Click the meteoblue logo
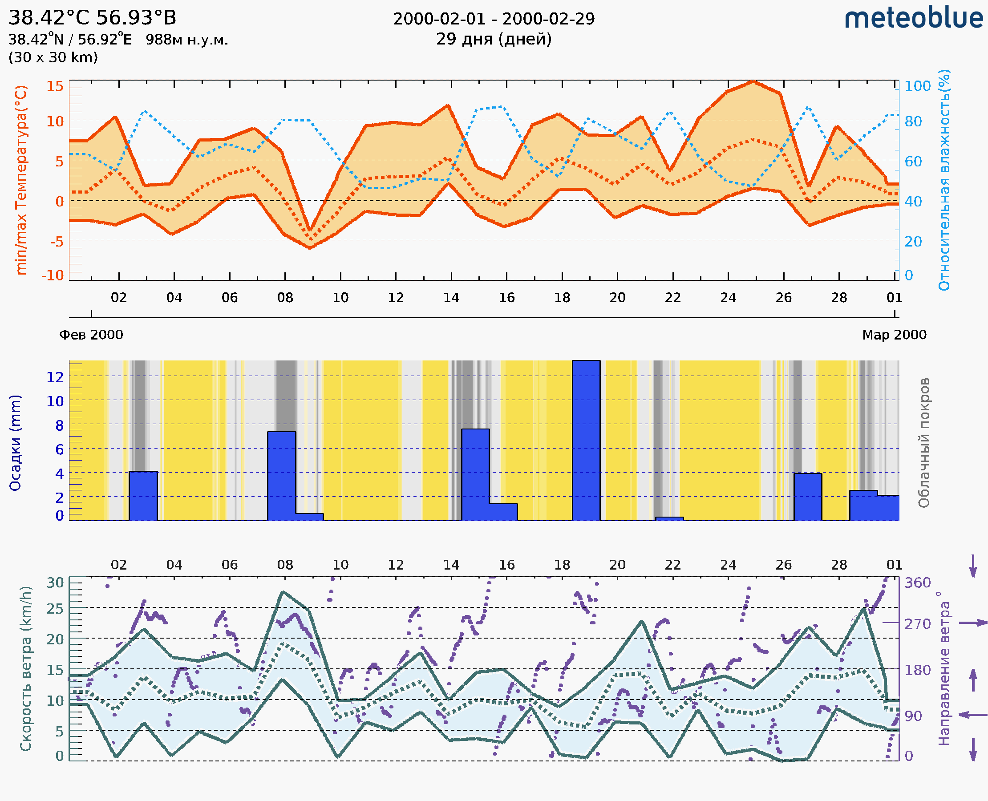913,18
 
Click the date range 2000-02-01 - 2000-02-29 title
494,19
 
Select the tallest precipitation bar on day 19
586,440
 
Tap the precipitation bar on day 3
143,496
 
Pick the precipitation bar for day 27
808,497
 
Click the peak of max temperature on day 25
753,82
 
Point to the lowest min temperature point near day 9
310,248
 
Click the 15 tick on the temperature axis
55,86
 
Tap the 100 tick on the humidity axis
917,86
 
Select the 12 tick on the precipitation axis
55,377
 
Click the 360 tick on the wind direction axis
917,583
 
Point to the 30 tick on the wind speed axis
55,583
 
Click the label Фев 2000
91,335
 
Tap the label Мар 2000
894,335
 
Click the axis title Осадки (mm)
15,443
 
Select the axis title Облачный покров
924,443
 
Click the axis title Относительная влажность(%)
944,180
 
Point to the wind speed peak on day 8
283,592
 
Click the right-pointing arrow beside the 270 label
973,623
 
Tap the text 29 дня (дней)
494,39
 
